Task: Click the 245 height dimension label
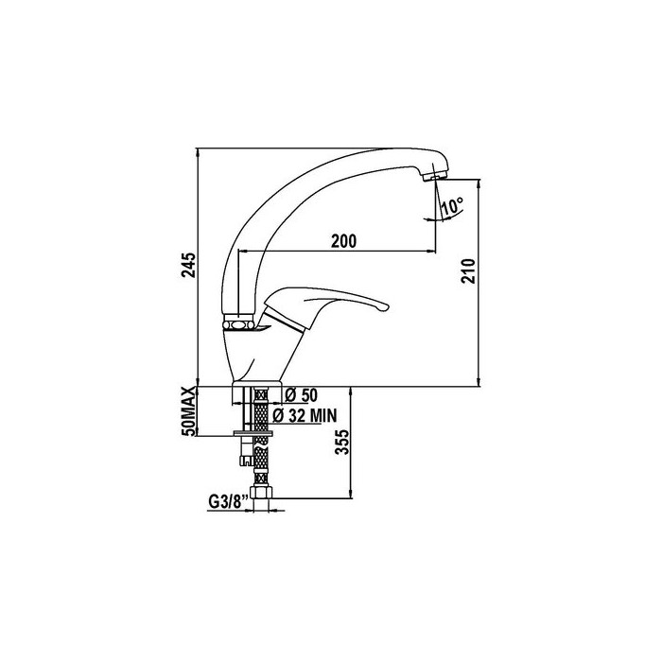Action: [189, 265]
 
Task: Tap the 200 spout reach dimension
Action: [343, 240]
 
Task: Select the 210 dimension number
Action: [468, 270]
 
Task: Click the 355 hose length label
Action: [342, 442]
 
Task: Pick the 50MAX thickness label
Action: [189, 411]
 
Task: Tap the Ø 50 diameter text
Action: [301, 395]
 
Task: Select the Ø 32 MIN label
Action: [305, 416]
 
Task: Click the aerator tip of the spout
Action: [434, 176]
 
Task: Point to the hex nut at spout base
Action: [238, 323]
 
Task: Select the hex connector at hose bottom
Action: [262, 493]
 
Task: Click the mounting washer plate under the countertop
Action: [253, 433]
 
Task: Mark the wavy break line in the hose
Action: [261, 442]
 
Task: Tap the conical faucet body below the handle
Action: [261, 355]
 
